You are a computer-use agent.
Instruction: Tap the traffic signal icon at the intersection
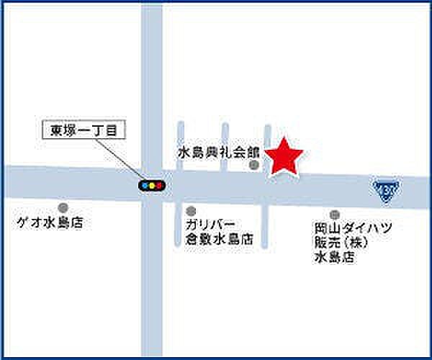point(152,185)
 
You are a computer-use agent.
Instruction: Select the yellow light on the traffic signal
point(152,185)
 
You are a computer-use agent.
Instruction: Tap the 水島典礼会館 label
point(218,152)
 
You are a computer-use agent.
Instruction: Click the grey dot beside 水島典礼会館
point(253,166)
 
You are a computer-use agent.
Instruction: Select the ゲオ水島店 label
point(50,223)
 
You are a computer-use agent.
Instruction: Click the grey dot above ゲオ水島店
point(63,208)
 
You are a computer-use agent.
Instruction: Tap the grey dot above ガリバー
point(190,211)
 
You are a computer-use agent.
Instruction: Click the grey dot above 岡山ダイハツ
point(334,214)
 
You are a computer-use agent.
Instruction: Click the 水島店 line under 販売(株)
point(333,257)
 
